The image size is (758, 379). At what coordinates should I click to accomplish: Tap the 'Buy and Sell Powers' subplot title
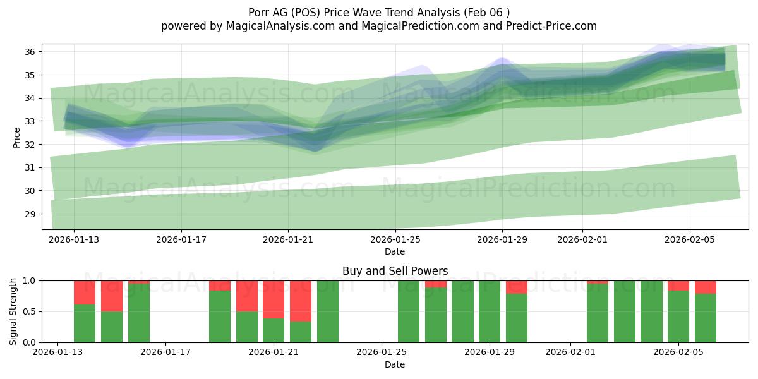(395, 271)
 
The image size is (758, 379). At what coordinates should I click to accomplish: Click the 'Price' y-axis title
(16, 137)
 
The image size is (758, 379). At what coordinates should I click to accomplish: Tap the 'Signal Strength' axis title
(13, 311)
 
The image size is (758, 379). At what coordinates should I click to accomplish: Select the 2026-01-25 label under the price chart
(395, 240)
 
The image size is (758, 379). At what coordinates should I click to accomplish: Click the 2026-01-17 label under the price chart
(181, 240)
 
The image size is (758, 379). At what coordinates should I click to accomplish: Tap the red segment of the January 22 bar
(301, 301)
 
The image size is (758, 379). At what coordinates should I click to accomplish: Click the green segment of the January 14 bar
(85, 323)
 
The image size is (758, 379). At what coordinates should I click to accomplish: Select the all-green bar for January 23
(328, 311)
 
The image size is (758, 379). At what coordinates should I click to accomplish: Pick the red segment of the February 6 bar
(706, 287)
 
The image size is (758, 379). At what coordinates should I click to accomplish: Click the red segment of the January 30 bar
(517, 287)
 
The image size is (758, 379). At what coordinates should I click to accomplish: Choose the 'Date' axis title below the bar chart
(395, 364)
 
